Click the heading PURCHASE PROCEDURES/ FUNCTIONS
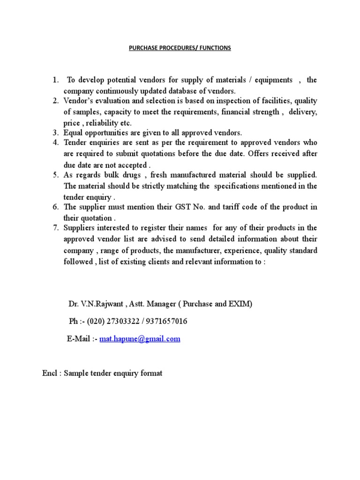tap(180, 48)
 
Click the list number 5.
tap(55, 175)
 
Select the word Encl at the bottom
tap(49, 374)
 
